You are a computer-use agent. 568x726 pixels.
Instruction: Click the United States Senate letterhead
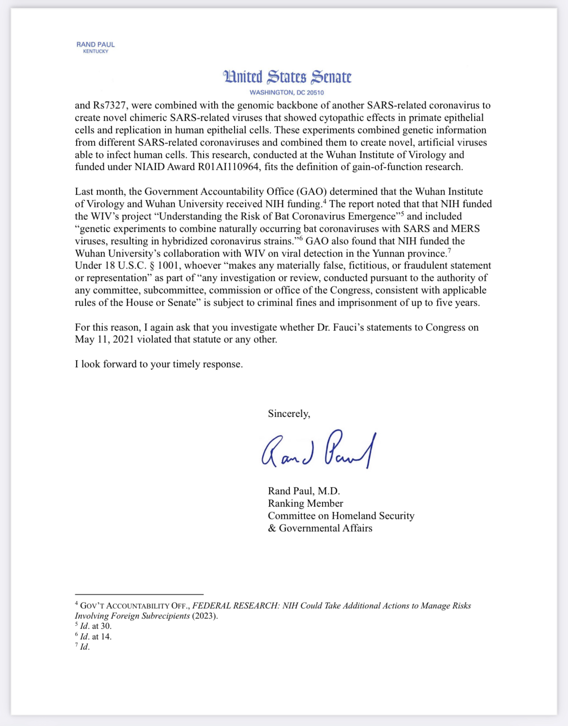287,77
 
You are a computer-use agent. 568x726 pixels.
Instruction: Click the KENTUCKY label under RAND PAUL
96,51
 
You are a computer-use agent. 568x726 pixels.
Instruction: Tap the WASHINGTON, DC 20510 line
287,92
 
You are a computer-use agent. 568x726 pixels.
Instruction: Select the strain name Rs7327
109,105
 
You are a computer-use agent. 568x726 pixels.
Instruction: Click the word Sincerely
289,414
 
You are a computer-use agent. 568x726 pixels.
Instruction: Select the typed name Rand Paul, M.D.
303,491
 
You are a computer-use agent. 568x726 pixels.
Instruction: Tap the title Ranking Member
305,503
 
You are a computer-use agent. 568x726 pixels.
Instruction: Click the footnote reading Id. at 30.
95,626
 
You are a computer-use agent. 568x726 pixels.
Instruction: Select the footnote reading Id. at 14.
95,637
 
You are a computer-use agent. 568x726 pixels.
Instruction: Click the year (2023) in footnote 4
205,616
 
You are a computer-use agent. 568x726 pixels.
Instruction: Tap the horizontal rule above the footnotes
139,594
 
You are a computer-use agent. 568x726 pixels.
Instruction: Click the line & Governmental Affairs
320,528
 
